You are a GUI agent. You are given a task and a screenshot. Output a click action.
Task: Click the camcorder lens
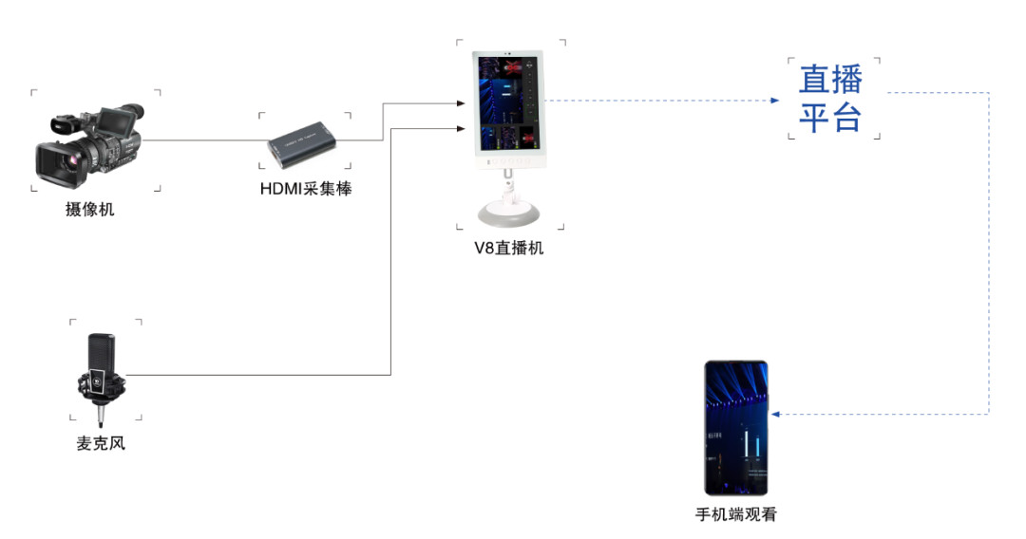(59, 162)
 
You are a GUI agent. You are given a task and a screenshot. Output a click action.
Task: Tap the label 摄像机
(89, 209)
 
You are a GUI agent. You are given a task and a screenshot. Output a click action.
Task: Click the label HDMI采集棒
(306, 189)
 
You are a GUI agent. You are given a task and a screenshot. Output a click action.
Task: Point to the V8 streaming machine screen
(507, 103)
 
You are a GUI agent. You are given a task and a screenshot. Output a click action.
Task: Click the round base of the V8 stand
(510, 213)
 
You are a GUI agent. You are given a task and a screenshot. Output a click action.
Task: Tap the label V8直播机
(509, 249)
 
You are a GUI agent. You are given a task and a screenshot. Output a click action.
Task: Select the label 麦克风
(101, 443)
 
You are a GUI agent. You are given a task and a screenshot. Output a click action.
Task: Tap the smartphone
(735, 428)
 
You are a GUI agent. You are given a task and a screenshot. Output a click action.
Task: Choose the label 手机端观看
(736, 515)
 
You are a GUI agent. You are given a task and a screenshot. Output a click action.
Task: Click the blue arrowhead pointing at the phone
(775, 414)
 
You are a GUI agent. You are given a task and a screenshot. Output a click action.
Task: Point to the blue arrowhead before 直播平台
(775, 101)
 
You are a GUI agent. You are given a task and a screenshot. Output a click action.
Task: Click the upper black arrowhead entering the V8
(462, 103)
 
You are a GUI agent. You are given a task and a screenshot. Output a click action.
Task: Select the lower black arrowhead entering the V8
(462, 129)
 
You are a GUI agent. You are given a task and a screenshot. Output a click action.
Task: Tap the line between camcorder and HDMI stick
(205, 139)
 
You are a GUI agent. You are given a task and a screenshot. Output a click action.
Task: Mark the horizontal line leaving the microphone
(257, 375)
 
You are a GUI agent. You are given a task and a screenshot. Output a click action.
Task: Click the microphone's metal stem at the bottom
(100, 414)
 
